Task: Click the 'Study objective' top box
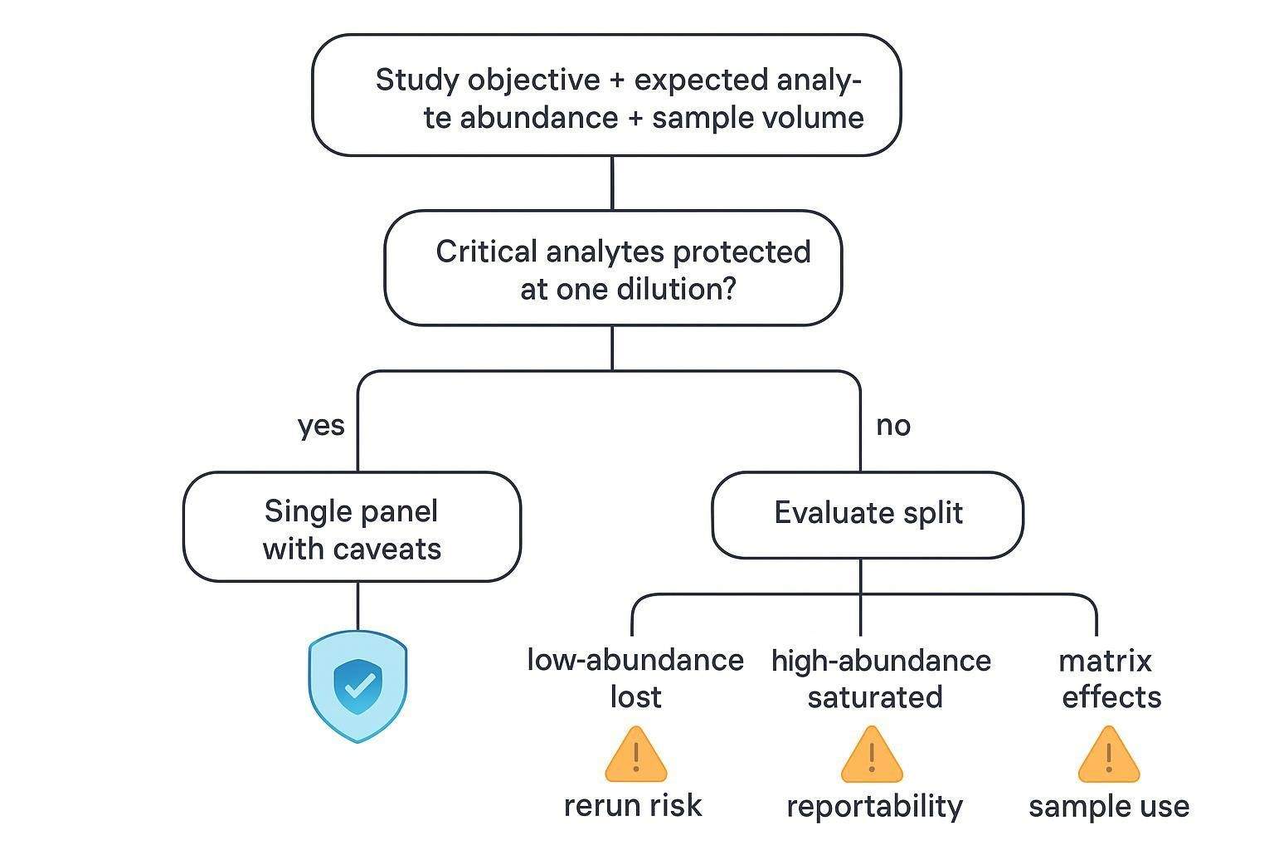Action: click(606, 96)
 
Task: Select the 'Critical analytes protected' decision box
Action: click(613, 269)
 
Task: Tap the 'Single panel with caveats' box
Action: click(352, 528)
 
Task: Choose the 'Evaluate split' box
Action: click(868, 514)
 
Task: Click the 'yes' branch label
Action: click(321, 426)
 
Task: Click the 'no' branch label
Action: click(893, 426)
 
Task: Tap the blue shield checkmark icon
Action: click(357, 686)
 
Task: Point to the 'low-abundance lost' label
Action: click(635, 678)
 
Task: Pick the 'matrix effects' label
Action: click(1109, 678)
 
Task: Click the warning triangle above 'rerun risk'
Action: click(636, 756)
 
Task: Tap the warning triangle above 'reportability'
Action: click(872, 756)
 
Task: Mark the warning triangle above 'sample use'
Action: click(1109, 756)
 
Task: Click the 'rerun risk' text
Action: click(633, 806)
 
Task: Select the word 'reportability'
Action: click(874, 806)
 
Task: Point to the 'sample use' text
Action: click(1109, 806)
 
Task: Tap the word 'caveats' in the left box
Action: click(387, 550)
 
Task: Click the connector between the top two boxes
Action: click(612, 183)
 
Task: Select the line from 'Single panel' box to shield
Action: click(357, 606)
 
